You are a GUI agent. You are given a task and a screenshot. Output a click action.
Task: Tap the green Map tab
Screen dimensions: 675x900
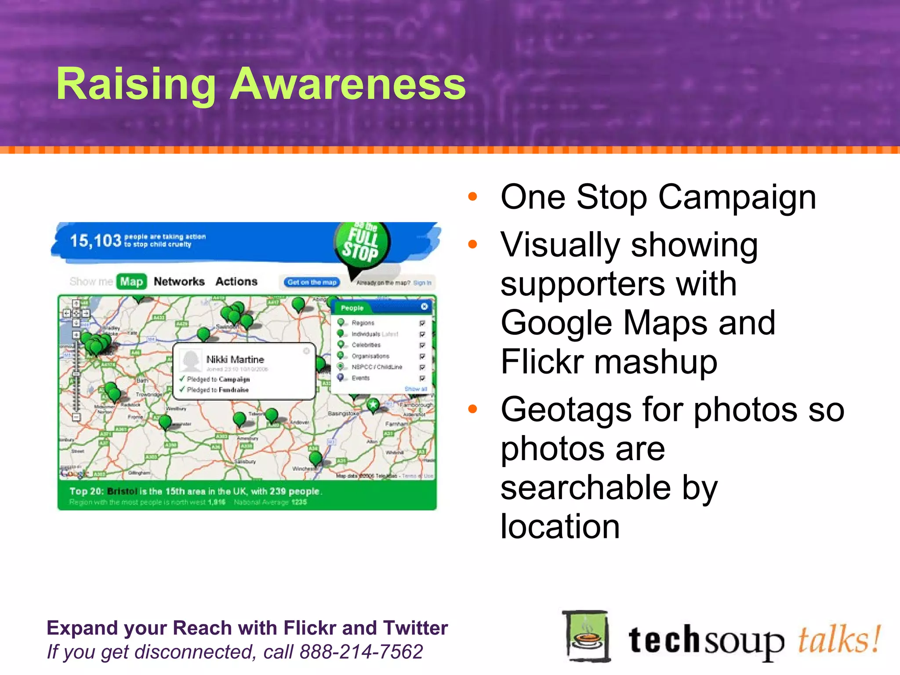131,282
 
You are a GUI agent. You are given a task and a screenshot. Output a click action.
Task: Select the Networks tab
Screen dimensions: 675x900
179,282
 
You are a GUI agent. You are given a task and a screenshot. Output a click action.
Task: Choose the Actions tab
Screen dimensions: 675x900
236,282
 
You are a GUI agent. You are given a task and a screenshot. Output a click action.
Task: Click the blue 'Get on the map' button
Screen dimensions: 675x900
312,282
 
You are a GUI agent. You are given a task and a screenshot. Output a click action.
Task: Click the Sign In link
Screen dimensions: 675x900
422,283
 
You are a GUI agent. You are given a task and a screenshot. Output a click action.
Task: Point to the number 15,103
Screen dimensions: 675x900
95,241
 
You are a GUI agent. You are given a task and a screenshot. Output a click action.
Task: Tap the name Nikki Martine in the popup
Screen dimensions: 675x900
235,359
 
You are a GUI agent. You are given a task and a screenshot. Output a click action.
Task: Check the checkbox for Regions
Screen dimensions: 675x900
422,323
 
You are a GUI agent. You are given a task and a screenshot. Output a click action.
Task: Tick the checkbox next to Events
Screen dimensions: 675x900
422,378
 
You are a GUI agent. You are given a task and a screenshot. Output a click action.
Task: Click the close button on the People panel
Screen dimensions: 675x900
424,307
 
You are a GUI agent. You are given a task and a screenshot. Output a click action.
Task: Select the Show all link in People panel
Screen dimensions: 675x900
416,389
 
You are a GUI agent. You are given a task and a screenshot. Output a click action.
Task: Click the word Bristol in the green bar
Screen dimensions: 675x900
122,491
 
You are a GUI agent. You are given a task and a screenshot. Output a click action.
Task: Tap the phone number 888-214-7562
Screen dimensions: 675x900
361,652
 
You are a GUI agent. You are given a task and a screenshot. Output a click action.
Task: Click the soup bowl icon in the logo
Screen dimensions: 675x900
587,636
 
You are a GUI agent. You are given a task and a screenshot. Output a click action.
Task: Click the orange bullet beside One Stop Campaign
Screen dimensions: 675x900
473,196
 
